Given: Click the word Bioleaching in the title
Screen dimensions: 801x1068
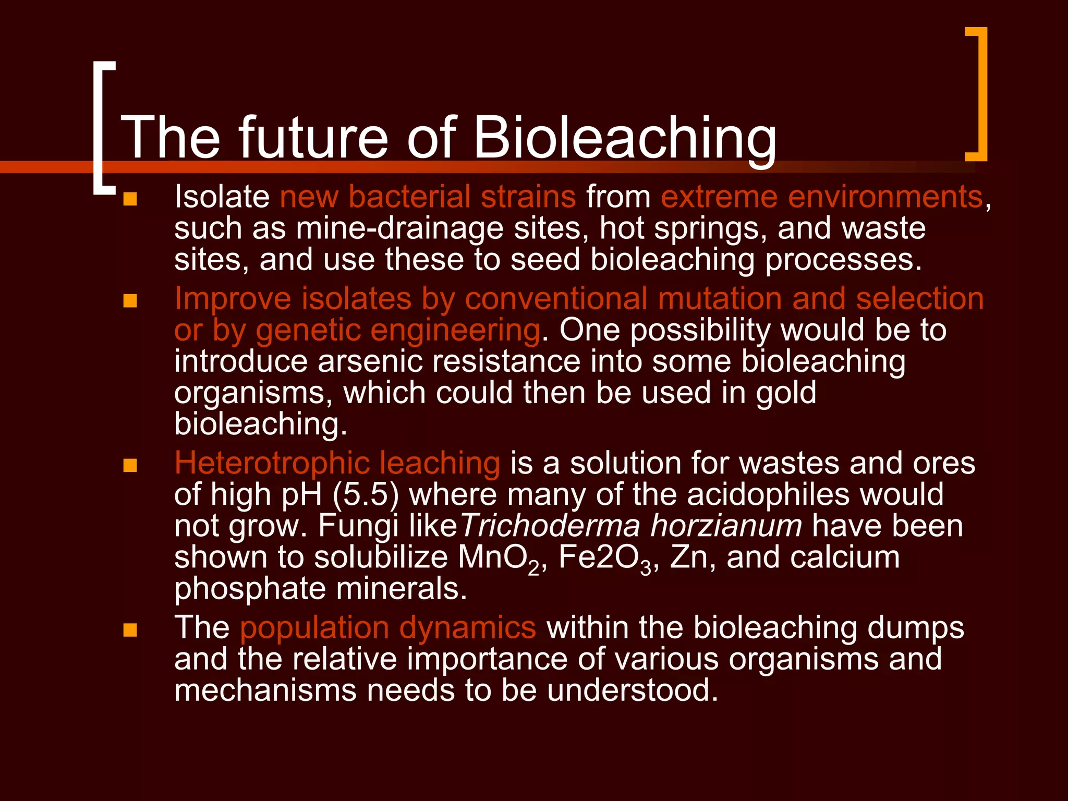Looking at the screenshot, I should [x=625, y=138].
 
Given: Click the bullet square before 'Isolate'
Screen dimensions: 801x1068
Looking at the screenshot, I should [x=130, y=199].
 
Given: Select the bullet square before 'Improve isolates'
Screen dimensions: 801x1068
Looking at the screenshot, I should [x=130, y=301].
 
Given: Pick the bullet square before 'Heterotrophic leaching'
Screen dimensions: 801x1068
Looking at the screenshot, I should [x=130, y=465].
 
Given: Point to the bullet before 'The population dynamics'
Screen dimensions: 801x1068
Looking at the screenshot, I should [x=130, y=630].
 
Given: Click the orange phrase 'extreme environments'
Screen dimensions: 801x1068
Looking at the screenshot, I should [x=822, y=197].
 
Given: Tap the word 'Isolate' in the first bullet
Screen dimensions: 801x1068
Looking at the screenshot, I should [x=222, y=197].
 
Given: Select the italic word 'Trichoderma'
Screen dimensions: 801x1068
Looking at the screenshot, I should [x=550, y=526].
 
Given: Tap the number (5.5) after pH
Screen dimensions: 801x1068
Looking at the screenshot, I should [x=366, y=494].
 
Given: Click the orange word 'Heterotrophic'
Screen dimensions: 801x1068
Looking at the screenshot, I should [x=271, y=463].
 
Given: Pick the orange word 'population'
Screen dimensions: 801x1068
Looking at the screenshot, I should [x=314, y=628].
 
